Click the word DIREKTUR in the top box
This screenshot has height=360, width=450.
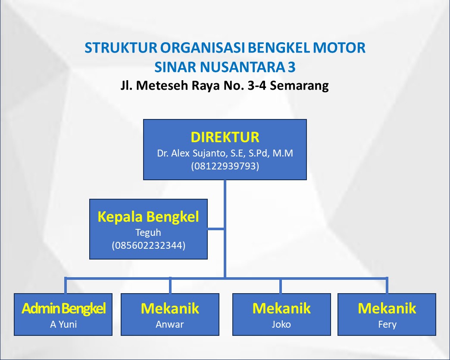(x=225, y=137)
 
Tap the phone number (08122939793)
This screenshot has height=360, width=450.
(x=225, y=166)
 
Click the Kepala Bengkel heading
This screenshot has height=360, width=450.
(x=148, y=216)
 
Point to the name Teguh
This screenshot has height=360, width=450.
(x=148, y=233)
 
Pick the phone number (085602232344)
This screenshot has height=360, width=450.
(x=148, y=246)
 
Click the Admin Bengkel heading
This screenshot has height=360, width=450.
(x=63, y=309)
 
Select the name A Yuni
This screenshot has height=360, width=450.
(x=63, y=324)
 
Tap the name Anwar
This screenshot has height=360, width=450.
(x=170, y=324)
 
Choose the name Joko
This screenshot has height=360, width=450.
(x=281, y=324)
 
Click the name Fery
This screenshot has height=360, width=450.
(x=387, y=324)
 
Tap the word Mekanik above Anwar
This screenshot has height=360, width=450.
(x=170, y=309)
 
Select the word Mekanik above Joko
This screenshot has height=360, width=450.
(x=281, y=309)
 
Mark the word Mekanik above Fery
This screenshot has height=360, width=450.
(x=387, y=309)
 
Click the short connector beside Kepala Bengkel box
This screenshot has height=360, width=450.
(x=216, y=229)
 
